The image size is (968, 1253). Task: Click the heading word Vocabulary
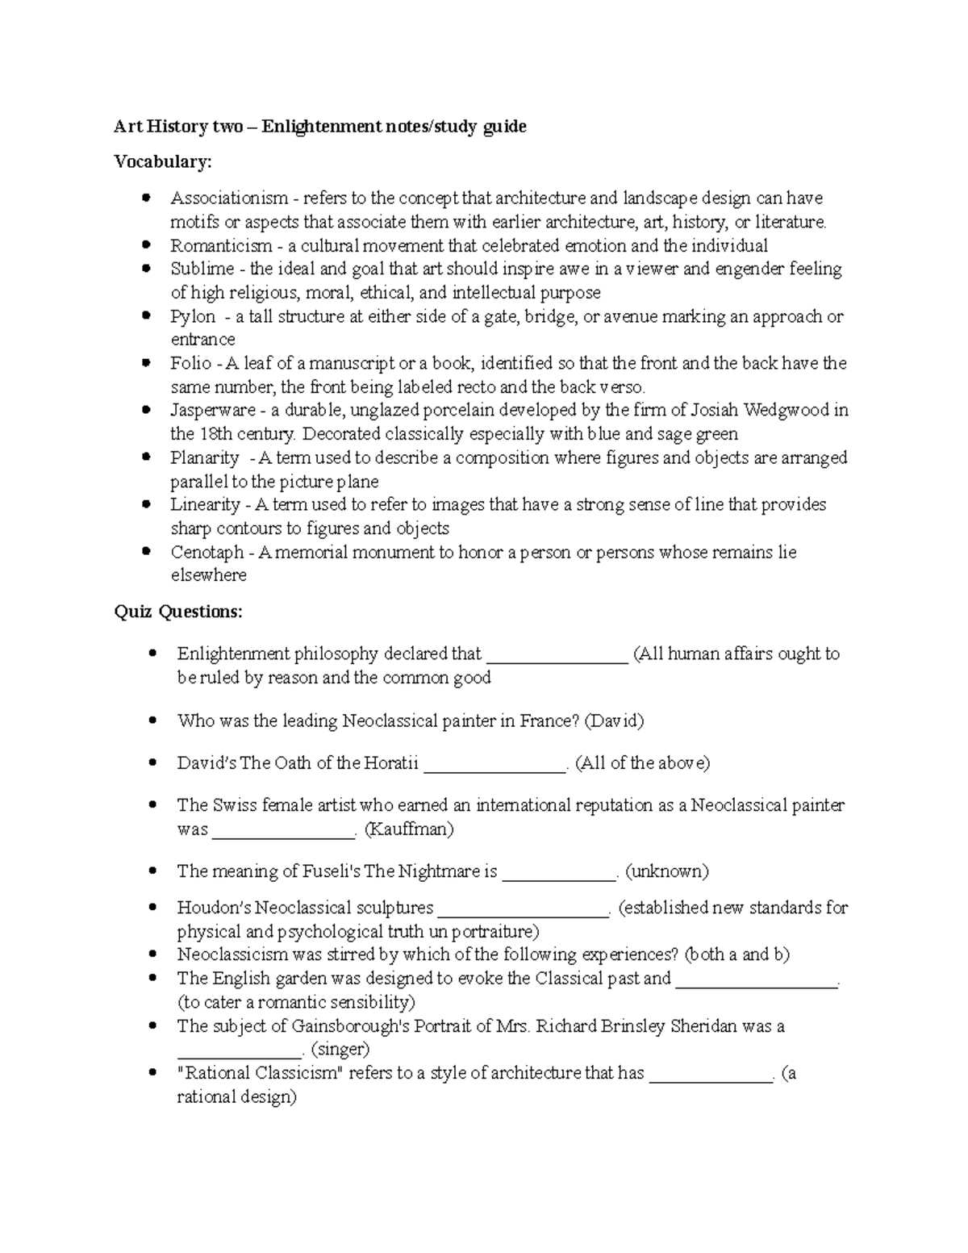click(162, 161)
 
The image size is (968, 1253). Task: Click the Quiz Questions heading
click(177, 612)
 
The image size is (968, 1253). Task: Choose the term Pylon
click(193, 316)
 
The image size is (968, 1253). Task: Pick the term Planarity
click(204, 457)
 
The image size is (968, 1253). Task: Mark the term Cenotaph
click(207, 552)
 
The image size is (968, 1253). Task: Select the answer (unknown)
click(667, 871)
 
